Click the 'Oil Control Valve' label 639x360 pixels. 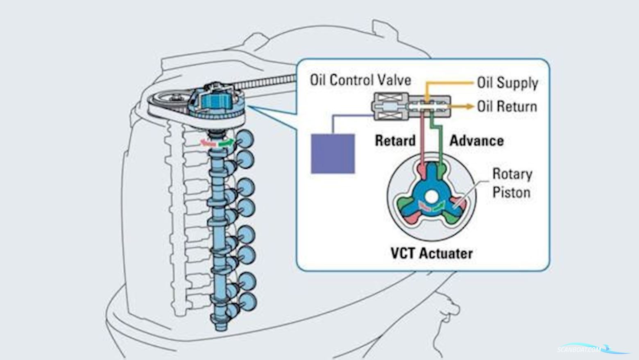click(360, 80)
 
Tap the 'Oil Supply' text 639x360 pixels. click(507, 83)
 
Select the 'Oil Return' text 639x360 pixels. click(507, 106)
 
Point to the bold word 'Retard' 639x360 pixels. click(395, 141)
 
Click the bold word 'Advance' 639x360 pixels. click(476, 141)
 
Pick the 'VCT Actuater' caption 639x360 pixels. click(431, 254)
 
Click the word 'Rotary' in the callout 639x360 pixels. click(512, 174)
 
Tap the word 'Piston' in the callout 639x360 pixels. click(511, 192)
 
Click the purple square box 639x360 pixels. click(333, 154)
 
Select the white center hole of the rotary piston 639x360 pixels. click(430, 197)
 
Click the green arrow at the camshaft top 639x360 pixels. click(227, 143)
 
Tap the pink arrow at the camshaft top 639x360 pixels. click(207, 143)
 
